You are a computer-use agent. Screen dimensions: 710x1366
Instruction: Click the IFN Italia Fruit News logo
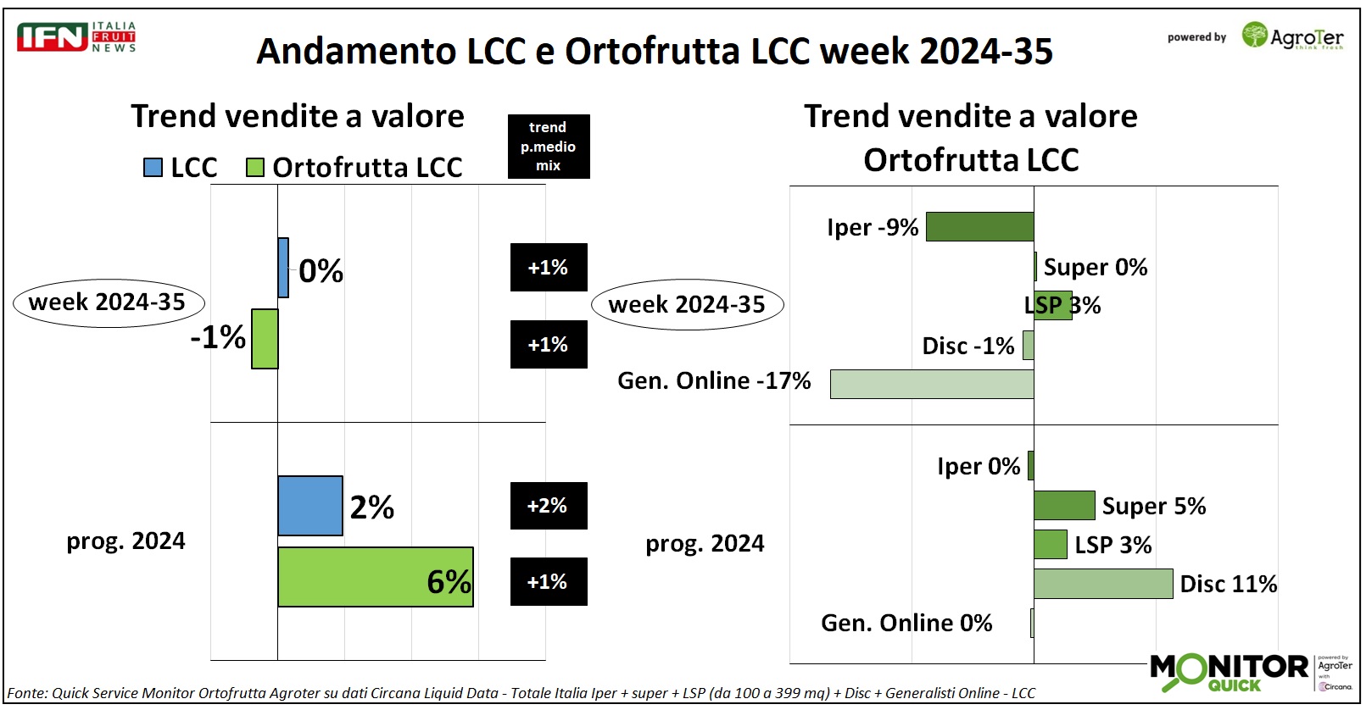click(76, 37)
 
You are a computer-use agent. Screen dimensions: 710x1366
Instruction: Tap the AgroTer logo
click(1292, 36)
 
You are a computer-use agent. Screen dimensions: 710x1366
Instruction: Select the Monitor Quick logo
click(1229, 671)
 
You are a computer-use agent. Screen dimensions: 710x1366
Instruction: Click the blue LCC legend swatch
click(153, 167)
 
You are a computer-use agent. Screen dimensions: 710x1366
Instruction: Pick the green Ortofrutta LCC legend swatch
click(254, 167)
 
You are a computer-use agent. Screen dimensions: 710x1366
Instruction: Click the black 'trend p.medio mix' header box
click(548, 147)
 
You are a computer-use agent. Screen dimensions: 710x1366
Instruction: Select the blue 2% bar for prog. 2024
click(310, 506)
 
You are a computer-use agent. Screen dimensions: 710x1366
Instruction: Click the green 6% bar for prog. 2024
click(375, 577)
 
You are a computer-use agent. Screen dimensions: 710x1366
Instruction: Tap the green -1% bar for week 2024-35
click(265, 339)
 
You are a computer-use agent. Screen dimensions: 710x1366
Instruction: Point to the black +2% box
click(548, 506)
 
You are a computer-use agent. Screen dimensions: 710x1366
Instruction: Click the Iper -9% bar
click(979, 227)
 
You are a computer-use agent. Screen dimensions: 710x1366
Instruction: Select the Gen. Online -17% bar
click(932, 384)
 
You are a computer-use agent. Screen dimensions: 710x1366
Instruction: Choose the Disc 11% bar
click(1103, 584)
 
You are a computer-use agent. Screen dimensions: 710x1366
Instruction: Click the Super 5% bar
click(1064, 506)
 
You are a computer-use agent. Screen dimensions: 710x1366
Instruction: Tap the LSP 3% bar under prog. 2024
click(1050, 545)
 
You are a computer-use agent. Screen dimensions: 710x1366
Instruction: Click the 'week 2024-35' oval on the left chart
click(109, 302)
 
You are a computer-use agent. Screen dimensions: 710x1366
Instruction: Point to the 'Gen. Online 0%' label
click(906, 624)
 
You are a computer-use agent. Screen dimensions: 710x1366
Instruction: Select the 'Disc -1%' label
click(967, 346)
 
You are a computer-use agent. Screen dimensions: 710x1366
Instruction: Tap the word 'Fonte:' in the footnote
click(27, 693)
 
